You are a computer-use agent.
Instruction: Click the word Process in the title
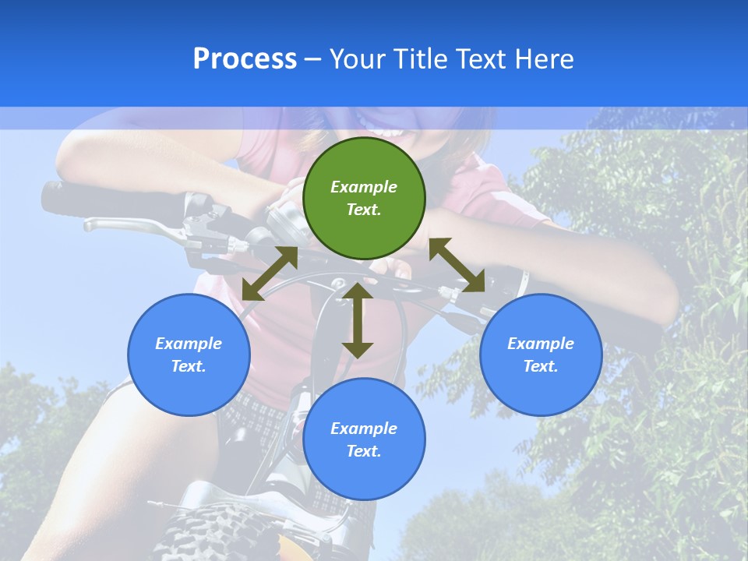[245, 59]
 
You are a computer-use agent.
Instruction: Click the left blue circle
[189, 355]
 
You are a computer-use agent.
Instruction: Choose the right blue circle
[541, 355]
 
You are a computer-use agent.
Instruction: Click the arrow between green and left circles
[270, 273]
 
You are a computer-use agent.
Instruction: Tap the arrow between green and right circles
[457, 265]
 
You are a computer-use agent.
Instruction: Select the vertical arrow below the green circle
[358, 320]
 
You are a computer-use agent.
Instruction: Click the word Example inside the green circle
[364, 187]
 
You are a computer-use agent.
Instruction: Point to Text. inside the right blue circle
[541, 366]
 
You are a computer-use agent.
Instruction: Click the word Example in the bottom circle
[364, 429]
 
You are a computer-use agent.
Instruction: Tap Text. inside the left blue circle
[189, 366]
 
